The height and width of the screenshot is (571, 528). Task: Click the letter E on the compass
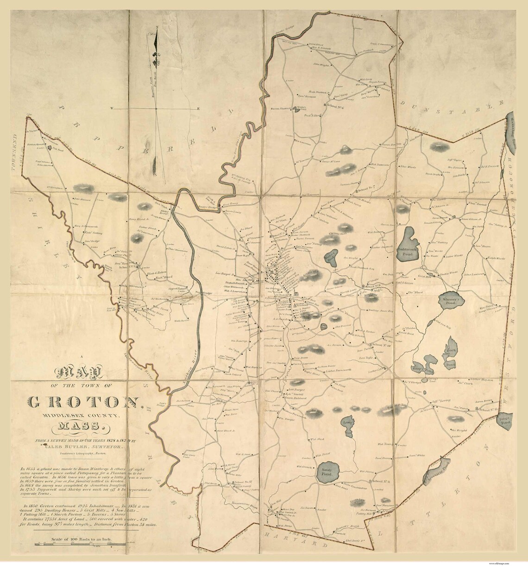[x=198, y=110]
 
